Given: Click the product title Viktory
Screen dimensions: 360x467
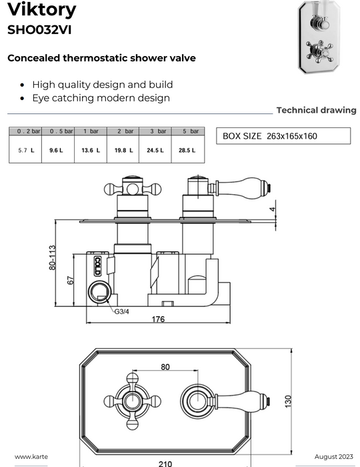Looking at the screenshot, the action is point(41,9).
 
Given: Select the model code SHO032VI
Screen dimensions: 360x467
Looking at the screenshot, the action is point(39,30).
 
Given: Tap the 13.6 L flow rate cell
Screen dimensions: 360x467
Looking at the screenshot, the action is point(91,150).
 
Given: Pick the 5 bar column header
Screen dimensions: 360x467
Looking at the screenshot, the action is point(188,131).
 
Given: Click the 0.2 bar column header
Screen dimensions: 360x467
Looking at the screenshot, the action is point(25,131).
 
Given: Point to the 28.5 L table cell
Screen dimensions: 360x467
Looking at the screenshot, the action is point(187,150).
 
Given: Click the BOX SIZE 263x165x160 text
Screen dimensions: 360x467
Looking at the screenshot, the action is point(270,136).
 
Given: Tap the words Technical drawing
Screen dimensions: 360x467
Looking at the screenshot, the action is point(316,110).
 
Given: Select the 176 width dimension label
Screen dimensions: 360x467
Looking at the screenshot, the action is point(158,319).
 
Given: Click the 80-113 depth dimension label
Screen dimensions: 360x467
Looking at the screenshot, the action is point(52,258).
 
